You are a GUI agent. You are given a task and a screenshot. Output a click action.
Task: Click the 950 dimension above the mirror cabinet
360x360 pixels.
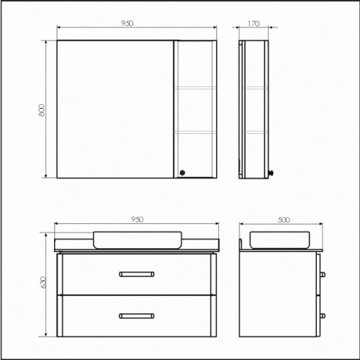127,23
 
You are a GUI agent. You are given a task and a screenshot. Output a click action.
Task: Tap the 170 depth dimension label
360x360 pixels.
253,24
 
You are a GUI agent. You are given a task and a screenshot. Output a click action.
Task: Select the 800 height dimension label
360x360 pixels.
42,110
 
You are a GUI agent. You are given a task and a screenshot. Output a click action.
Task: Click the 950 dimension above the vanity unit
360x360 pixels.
138,220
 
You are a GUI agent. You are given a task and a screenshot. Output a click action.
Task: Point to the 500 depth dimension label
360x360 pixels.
284,220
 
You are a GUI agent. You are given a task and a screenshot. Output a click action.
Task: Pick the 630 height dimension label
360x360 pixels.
42,282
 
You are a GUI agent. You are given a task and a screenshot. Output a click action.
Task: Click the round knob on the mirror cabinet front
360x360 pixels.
182,172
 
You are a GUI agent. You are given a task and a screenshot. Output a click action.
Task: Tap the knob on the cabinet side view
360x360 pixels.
271,173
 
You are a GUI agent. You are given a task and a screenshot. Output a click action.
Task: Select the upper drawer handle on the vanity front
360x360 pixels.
137,274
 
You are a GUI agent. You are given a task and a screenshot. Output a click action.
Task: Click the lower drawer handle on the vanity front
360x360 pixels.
137,316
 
